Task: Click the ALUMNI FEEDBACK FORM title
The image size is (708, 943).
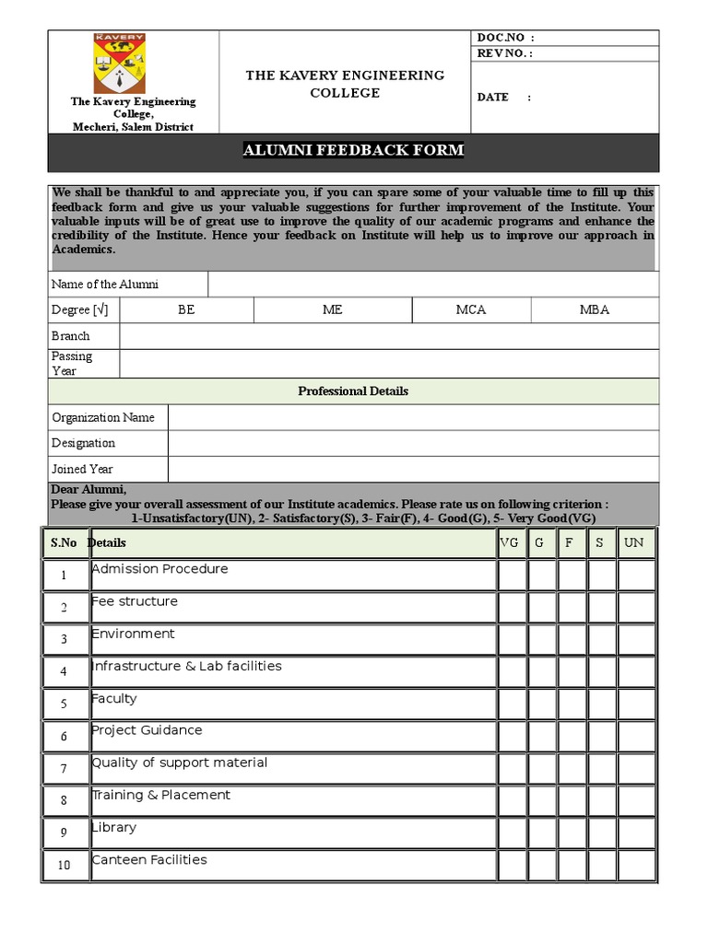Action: [x=353, y=150]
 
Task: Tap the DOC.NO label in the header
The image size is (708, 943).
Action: [x=504, y=38]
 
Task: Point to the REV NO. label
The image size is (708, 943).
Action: [x=504, y=53]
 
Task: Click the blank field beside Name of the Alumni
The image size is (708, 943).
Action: [x=433, y=285]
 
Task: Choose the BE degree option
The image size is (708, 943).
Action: [x=186, y=310]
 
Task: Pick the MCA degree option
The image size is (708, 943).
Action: [x=470, y=310]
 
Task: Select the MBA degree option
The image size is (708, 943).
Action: [x=594, y=310]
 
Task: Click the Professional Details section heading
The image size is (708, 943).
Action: [x=353, y=391]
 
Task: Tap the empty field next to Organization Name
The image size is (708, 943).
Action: [x=413, y=418]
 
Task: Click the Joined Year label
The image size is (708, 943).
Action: [x=82, y=470]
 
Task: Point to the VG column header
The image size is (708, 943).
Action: [x=510, y=543]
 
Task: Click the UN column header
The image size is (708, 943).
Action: [x=634, y=543]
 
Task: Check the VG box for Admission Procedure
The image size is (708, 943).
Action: [x=512, y=576]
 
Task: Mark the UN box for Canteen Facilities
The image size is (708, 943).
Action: [x=636, y=866]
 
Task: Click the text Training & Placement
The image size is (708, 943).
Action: [x=161, y=795]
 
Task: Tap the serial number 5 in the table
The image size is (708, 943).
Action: [x=64, y=704]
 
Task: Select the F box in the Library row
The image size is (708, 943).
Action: [x=572, y=833]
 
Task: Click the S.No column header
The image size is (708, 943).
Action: [x=64, y=543]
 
